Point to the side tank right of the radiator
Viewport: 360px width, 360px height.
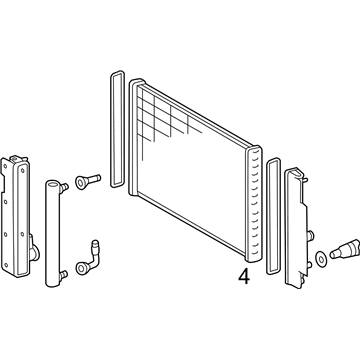[x=299, y=236]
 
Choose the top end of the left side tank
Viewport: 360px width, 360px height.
[x=17, y=157]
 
